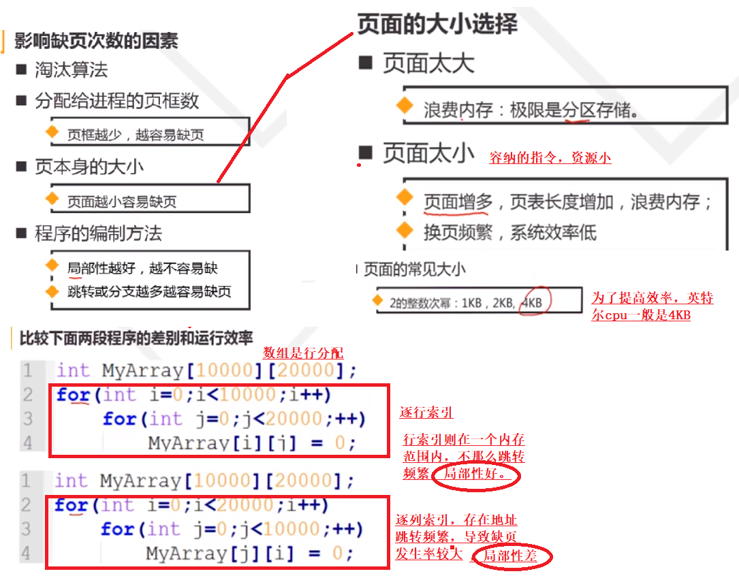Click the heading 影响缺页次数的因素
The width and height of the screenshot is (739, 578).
click(96, 40)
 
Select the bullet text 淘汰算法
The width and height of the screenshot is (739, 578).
click(71, 69)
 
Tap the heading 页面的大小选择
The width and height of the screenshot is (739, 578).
click(437, 24)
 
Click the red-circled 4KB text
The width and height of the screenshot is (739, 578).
click(532, 302)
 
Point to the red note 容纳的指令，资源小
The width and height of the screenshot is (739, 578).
click(550, 158)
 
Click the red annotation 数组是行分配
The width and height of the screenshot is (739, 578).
click(303, 353)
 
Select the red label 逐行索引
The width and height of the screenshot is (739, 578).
click(426, 413)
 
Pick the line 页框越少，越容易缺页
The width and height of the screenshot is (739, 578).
click(136, 135)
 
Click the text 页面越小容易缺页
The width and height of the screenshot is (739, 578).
click(122, 202)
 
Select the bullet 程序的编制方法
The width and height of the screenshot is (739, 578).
click(98, 234)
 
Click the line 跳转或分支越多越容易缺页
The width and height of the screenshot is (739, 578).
click(149, 291)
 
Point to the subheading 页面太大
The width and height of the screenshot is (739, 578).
click(428, 64)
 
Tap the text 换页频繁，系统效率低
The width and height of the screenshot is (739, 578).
click(509, 232)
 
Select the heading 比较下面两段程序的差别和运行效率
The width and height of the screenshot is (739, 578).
click(136, 337)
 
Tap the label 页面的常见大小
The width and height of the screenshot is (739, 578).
click(415, 269)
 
